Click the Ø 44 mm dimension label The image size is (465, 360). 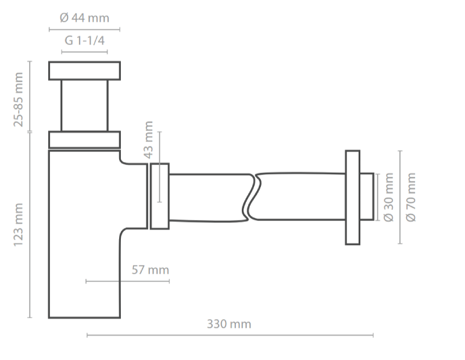84,19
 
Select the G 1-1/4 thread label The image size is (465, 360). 85,41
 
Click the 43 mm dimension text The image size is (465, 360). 148,140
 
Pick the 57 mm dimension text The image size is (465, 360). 150,270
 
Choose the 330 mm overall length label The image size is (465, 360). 230,324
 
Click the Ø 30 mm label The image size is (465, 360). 389,197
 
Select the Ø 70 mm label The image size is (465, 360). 411,197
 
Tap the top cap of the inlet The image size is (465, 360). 84,70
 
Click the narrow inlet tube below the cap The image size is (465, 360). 84,105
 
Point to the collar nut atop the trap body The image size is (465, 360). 84,140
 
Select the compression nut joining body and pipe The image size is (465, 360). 160,196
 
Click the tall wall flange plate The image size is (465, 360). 352,197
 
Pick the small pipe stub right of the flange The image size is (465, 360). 366,197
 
